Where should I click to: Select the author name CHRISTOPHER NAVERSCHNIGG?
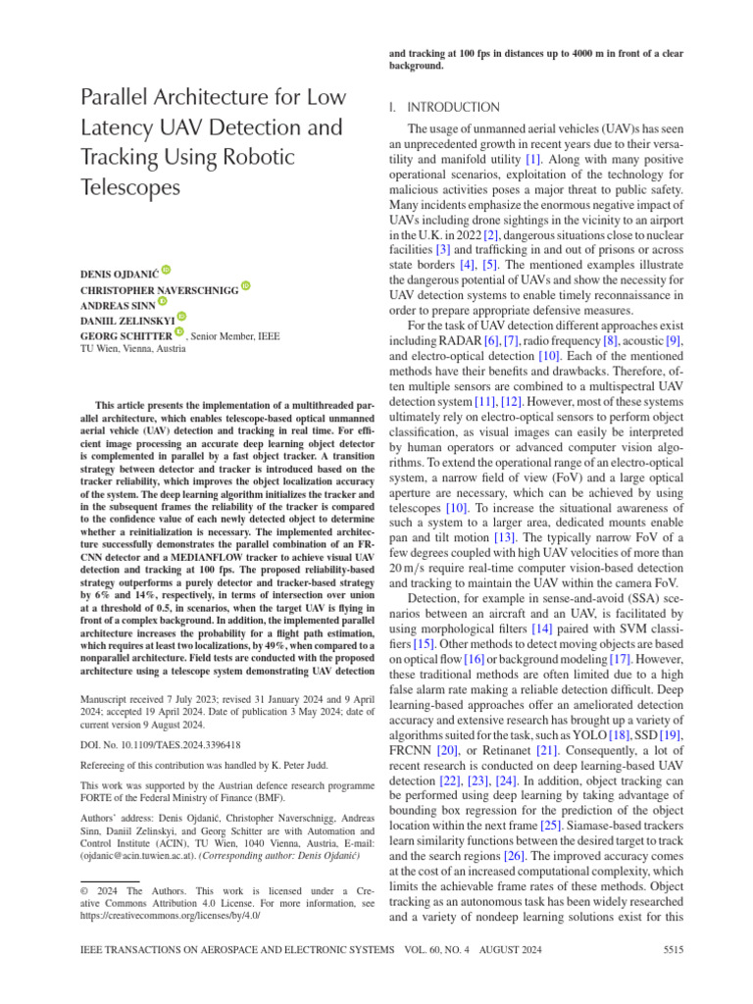click(158, 287)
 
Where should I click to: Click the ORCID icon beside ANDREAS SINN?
click(162, 303)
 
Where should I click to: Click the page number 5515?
click(672, 950)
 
